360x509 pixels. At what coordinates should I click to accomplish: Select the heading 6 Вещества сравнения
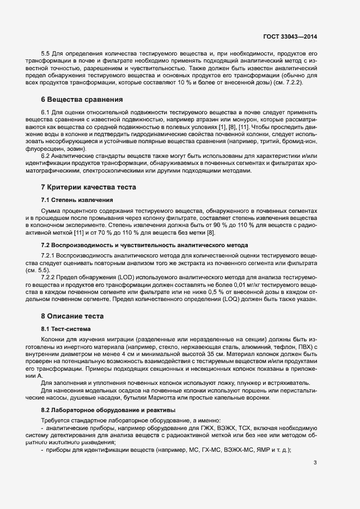pos(75,100)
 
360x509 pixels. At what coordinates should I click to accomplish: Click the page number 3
pos(315,463)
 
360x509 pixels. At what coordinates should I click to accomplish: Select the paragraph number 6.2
pos(46,155)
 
